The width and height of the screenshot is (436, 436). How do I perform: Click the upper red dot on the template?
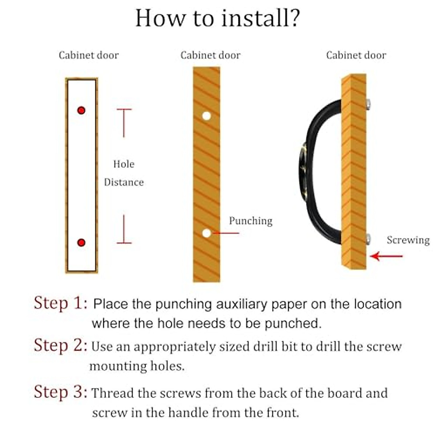[x=81, y=110]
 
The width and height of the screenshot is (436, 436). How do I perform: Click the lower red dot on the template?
[x=81, y=242]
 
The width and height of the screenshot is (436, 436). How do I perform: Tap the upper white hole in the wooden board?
[x=206, y=116]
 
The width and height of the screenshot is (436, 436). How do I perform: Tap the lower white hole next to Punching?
[x=206, y=233]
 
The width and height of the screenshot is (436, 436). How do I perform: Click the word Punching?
[x=250, y=221]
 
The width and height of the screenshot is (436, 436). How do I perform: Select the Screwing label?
[x=408, y=240]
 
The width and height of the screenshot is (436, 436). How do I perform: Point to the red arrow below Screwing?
[x=386, y=256]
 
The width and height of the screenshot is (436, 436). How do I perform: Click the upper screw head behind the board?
[x=368, y=104]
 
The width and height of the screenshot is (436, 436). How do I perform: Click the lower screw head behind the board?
[x=368, y=239]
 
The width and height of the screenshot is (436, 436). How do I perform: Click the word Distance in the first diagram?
[x=124, y=182]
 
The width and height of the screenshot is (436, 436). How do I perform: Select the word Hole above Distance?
[x=124, y=164]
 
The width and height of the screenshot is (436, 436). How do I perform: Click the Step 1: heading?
[x=60, y=303]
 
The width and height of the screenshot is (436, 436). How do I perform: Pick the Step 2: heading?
[x=60, y=345]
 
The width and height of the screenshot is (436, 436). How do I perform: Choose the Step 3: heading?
[x=60, y=392]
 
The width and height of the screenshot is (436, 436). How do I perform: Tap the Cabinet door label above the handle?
[x=356, y=55]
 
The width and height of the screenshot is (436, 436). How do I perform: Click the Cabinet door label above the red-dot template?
[x=89, y=55]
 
